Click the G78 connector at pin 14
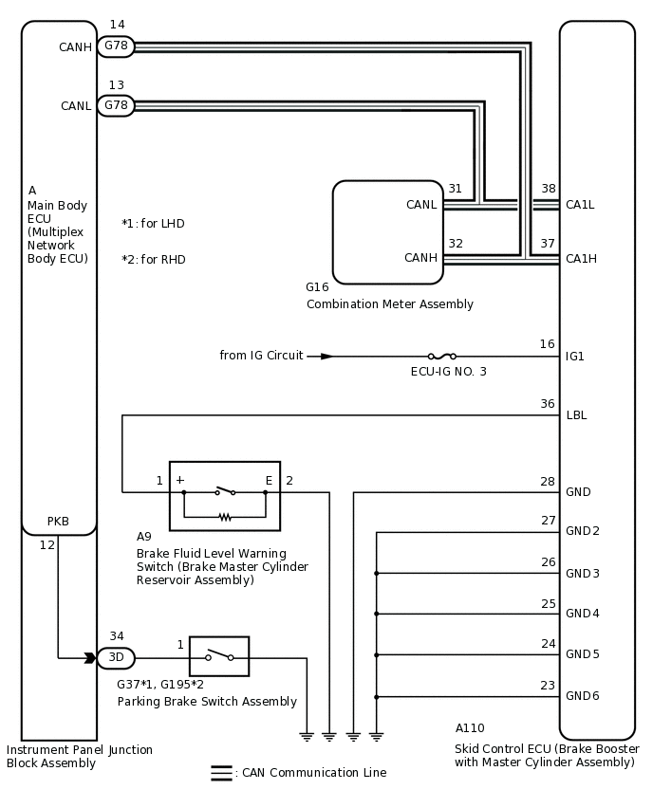click(116, 46)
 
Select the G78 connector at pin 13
click(116, 105)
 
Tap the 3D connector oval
click(116, 657)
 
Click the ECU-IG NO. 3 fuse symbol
click(442, 356)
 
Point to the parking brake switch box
click(219, 656)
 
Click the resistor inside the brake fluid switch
click(225, 516)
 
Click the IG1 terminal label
click(574, 356)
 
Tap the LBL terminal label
click(576, 414)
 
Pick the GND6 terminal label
click(583, 696)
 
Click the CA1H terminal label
click(581, 258)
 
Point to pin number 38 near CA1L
click(549, 189)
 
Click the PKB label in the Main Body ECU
click(58, 521)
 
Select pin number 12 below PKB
click(47, 544)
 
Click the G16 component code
click(317, 286)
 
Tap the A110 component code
click(470, 727)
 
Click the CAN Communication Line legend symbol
click(221, 773)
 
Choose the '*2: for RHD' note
click(153, 259)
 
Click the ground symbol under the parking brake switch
click(307, 736)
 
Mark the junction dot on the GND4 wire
click(377, 614)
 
